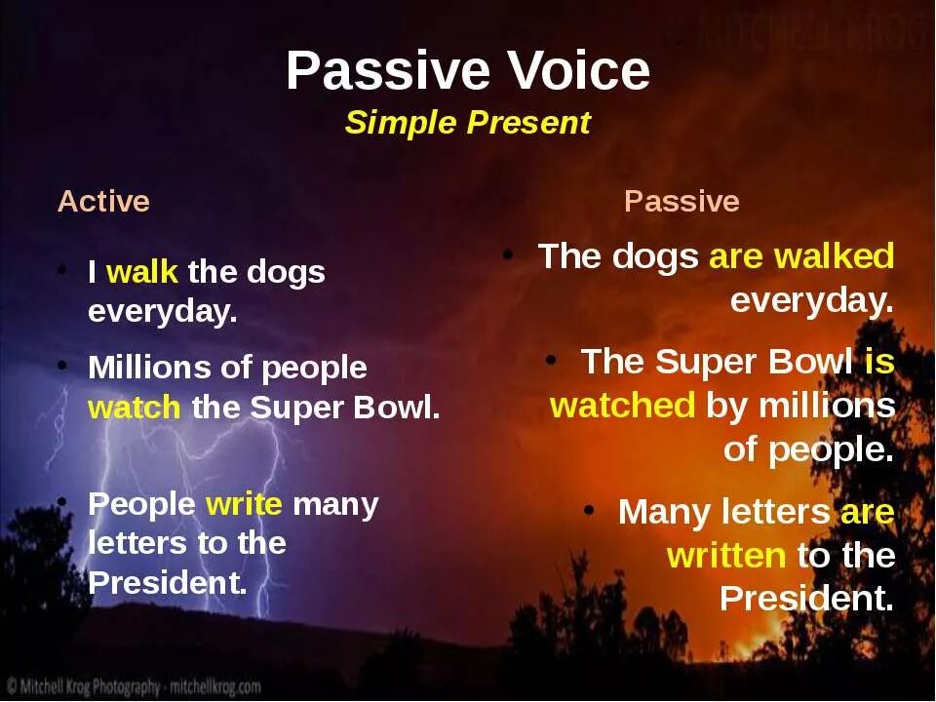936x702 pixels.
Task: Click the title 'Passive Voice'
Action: coord(468,70)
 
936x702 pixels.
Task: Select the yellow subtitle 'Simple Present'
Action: coord(467,123)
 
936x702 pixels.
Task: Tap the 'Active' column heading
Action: coord(103,201)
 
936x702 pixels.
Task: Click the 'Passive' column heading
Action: coord(682,201)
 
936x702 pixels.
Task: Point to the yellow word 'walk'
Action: coord(142,272)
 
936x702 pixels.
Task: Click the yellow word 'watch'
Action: coord(134,408)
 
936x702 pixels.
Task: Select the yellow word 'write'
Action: coord(244,504)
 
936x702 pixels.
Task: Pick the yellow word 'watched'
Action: coord(622,406)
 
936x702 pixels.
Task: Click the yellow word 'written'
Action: coord(725,556)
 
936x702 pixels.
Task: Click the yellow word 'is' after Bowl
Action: coord(879,362)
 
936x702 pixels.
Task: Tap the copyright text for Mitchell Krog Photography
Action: coord(135,685)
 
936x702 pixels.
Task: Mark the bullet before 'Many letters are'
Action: coord(589,510)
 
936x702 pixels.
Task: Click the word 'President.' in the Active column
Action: coord(168,583)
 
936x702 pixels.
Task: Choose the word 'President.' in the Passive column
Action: coord(806,598)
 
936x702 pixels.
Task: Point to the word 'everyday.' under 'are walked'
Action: coord(812,300)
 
